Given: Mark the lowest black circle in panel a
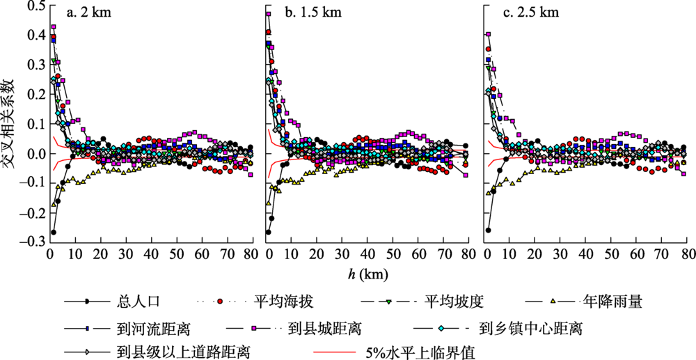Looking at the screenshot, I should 53,232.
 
